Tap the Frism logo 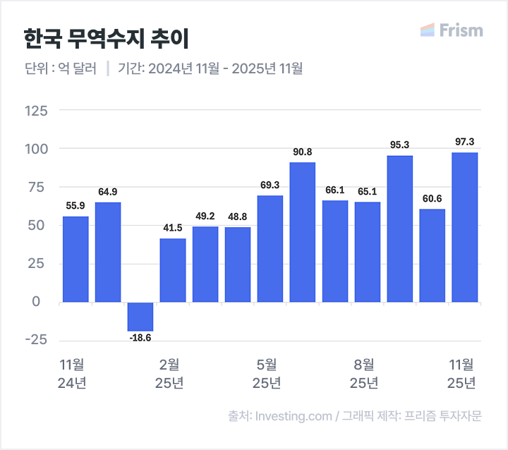click(452, 30)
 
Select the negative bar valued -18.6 click(140, 316)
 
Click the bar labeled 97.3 click(465, 227)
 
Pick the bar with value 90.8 click(303, 232)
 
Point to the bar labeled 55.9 click(75, 259)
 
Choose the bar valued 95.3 click(400, 229)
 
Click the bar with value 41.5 click(173, 270)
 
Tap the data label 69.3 click(270, 186)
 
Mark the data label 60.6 click(433, 199)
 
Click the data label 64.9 click(108, 192)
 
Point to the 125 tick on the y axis click(36, 111)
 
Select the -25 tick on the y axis click(36, 340)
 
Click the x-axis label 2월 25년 click(169, 374)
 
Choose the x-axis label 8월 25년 click(364, 374)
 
